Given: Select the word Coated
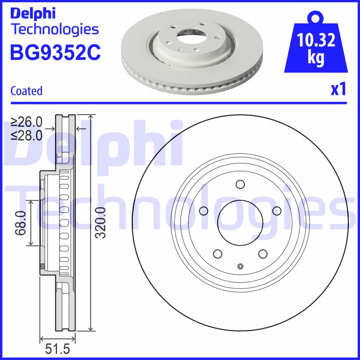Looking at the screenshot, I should (x=26, y=91).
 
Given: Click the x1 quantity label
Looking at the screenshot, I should (x=338, y=90).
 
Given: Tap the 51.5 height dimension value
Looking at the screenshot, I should (x=57, y=350).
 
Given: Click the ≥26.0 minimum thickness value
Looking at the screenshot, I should (x=27, y=122).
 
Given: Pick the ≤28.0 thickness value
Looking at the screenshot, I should (x=27, y=135).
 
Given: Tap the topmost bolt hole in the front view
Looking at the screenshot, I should (x=239, y=184).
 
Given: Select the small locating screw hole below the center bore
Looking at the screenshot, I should (x=240, y=266).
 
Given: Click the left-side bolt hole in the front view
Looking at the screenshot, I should (x=203, y=211).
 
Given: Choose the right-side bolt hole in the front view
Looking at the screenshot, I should (x=277, y=211).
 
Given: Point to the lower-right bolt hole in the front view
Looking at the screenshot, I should (x=262, y=253).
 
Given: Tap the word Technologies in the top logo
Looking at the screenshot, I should (x=54, y=30).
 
